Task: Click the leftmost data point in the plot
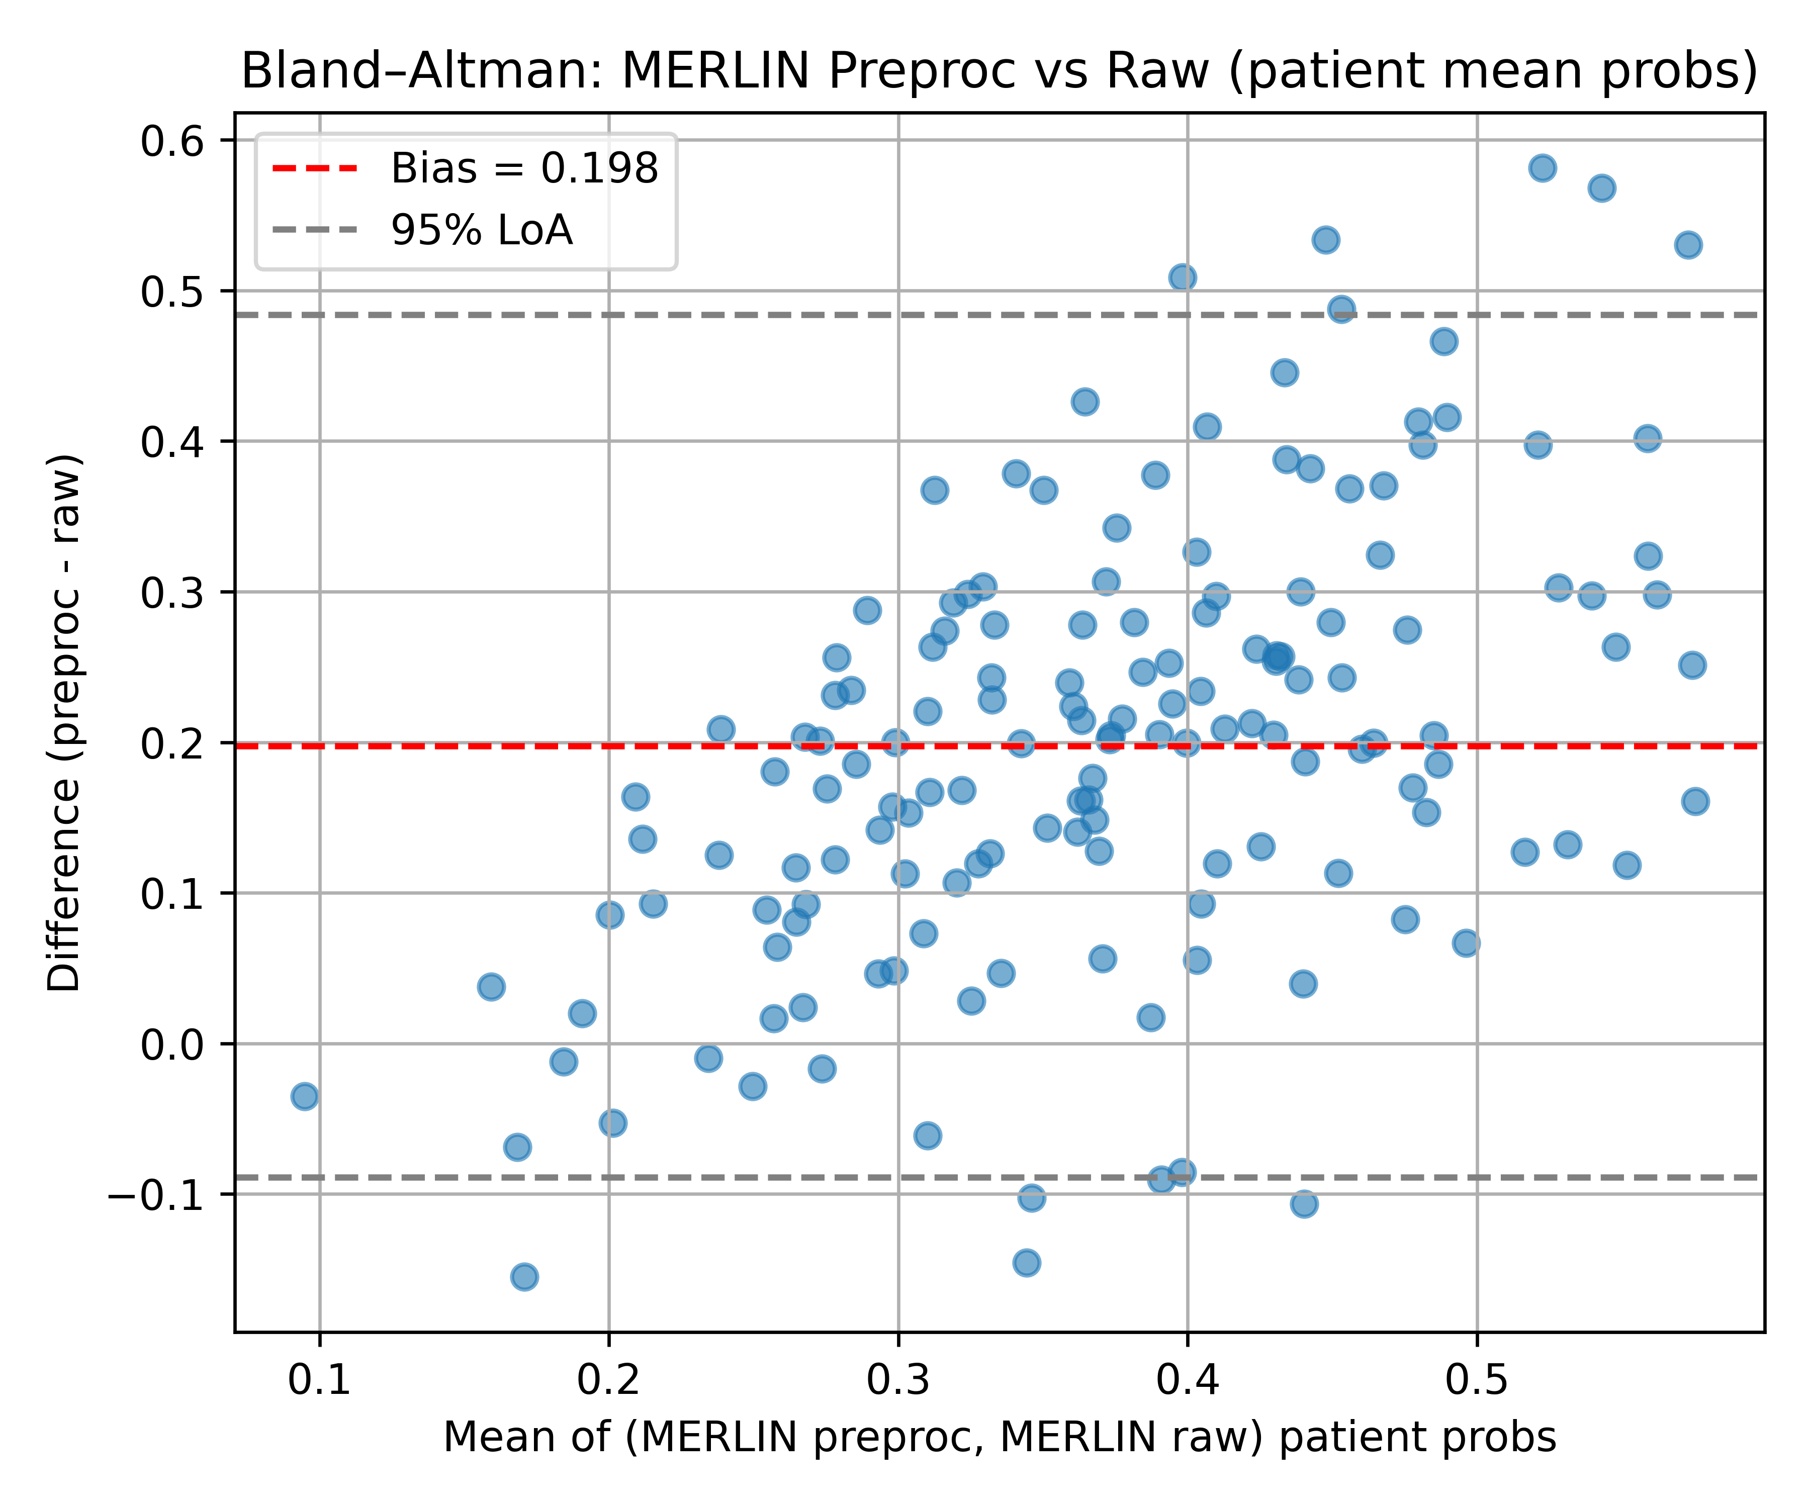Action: pos(304,1097)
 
